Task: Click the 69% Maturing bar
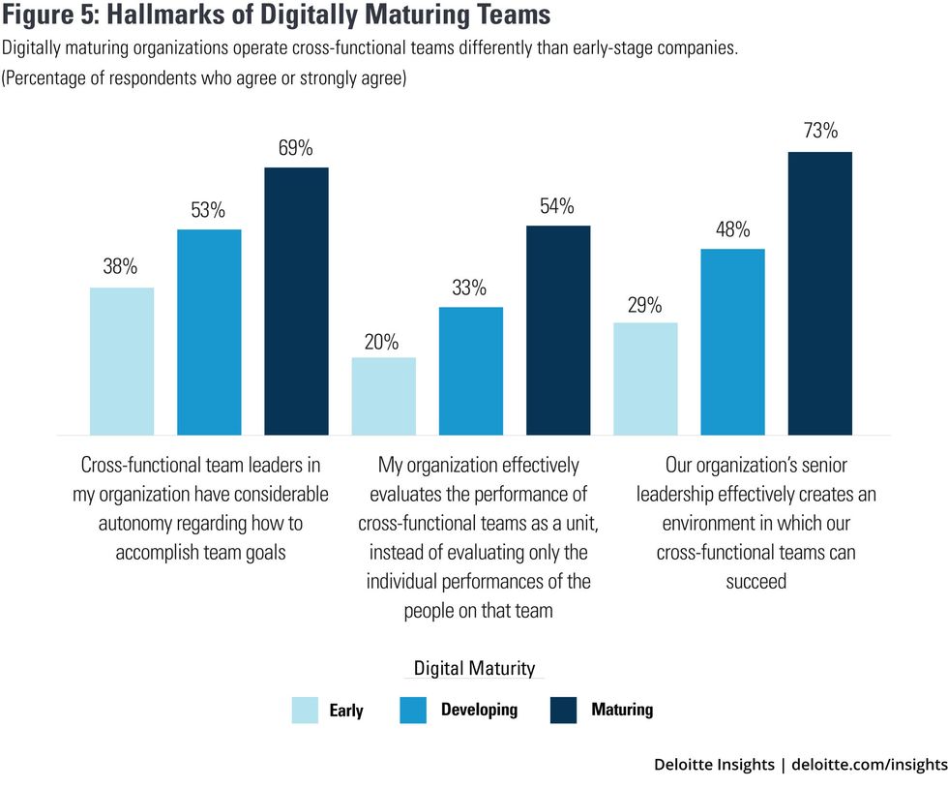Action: [x=296, y=301]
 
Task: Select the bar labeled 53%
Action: [x=209, y=332]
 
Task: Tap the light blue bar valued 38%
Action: [x=122, y=361]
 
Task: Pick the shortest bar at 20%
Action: [x=383, y=396]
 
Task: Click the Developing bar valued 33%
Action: [x=470, y=371]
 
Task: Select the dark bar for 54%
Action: [x=558, y=330]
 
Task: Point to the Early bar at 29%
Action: [x=645, y=379]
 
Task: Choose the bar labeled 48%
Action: [x=732, y=342]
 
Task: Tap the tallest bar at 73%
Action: [x=819, y=293]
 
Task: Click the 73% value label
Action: [x=819, y=131]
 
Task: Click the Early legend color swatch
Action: [x=305, y=711]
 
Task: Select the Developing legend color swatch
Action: [x=412, y=711]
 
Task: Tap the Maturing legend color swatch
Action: [x=563, y=711]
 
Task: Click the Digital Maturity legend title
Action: [x=473, y=668]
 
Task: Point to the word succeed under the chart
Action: [x=755, y=581]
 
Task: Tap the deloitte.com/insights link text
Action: [x=868, y=765]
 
